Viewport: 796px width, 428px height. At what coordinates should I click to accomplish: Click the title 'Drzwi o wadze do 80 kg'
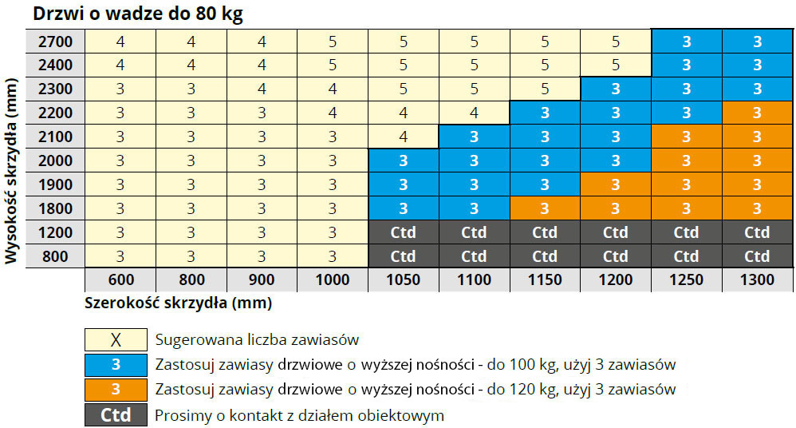pyautogui.click(x=136, y=14)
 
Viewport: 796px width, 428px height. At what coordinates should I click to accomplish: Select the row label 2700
pyautogui.click(x=55, y=42)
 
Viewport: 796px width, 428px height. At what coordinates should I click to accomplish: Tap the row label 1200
pyautogui.click(x=55, y=233)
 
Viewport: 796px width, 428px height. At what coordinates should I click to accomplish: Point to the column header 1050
pyautogui.click(x=403, y=279)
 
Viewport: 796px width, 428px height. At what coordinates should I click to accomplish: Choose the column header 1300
pyautogui.click(x=757, y=279)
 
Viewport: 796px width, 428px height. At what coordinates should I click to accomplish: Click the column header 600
pyautogui.click(x=120, y=279)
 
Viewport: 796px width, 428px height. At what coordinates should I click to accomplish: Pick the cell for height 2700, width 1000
pyautogui.click(x=332, y=42)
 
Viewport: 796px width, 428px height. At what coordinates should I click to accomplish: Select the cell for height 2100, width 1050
pyautogui.click(x=403, y=137)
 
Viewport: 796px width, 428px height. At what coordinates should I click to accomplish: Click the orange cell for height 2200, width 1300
pyautogui.click(x=757, y=113)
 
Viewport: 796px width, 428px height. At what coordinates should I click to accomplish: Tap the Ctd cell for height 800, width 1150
pyautogui.click(x=545, y=257)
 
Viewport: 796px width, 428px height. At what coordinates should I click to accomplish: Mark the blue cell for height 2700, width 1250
pyautogui.click(x=686, y=42)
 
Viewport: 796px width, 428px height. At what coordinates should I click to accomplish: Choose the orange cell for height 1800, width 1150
pyautogui.click(x=545, y=209)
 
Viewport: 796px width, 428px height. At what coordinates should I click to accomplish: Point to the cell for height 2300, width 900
pyautogui.click(x=261, y=89)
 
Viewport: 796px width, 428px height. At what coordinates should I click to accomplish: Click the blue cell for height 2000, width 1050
pyautogui.click(x=403, y=160)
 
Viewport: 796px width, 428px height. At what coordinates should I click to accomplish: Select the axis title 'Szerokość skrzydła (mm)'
pyautogui.click(x=178, y=303)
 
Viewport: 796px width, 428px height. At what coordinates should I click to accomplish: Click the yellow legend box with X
pyautogui.click(x=116, y=339)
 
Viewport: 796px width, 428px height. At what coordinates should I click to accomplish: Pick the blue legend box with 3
pyautogui.click(x=116, y=365)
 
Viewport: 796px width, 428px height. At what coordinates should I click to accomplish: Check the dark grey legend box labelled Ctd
pyautogui.click(x=116, y=415)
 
